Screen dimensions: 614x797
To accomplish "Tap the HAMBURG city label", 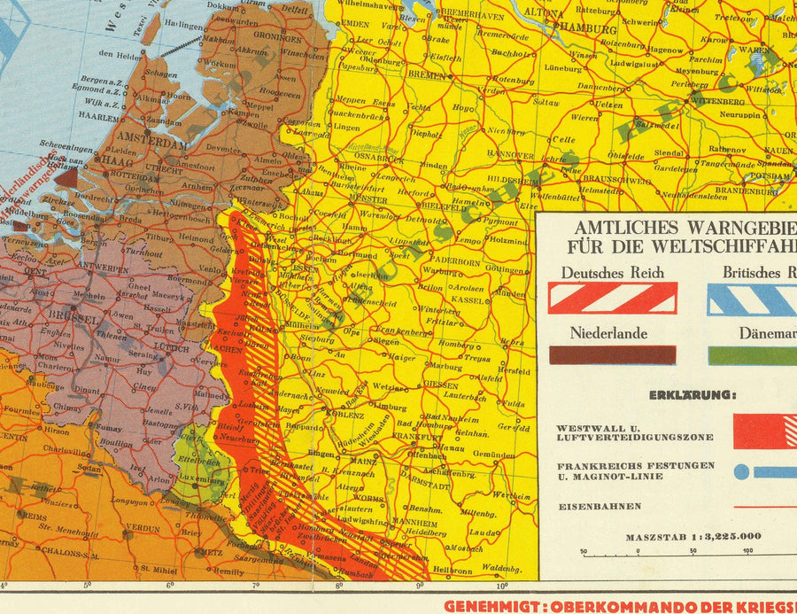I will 588,29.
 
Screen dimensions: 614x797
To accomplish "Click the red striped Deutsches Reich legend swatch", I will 612,298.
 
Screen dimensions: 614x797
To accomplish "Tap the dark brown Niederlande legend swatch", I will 612,355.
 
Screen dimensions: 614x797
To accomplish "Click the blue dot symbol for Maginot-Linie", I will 741,472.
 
